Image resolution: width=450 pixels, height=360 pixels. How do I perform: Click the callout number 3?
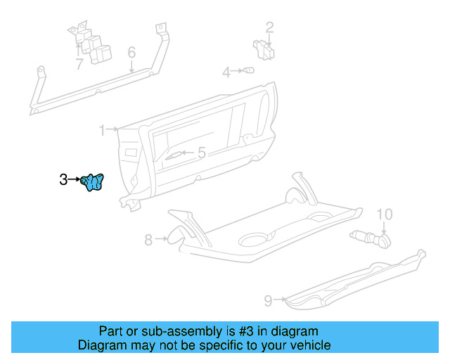coord(63,180)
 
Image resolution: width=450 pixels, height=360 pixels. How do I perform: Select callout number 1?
coord(102,130)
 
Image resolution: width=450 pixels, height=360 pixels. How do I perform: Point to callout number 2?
coord(269,28)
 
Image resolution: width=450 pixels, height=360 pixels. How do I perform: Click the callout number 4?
coord(226,72)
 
